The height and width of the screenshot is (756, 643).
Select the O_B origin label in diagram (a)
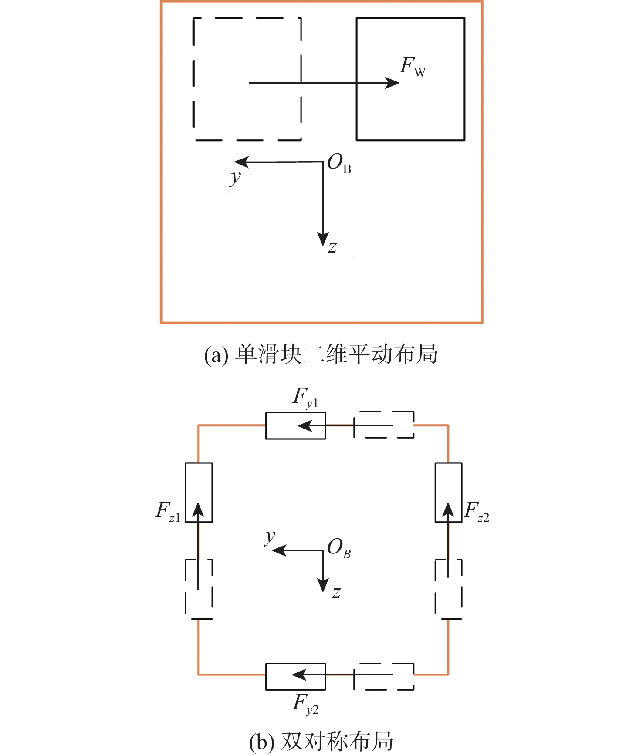(x=339, y=164)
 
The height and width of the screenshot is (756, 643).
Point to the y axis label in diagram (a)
(x=235, y=178)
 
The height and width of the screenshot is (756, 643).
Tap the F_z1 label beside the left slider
(x=168, y=511)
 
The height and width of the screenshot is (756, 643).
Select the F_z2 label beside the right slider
(x=477, y=511)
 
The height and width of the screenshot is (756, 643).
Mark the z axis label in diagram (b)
(x=336, y=593)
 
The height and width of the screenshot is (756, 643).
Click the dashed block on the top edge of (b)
(x=384, y=425)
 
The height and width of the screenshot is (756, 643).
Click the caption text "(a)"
(x=216, y=355)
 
